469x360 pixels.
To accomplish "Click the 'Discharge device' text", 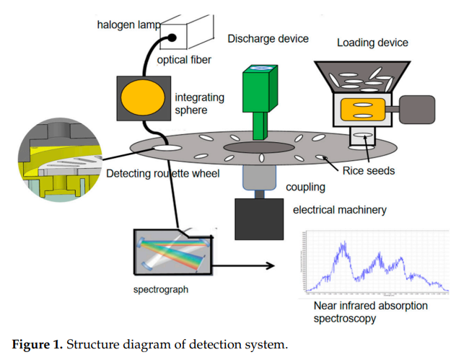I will click(268, 39).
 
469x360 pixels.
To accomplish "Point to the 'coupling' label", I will click(306, 188).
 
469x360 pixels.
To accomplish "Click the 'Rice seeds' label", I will click(369, 171).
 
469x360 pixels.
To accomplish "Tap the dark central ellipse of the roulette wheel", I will click(258, 147).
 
